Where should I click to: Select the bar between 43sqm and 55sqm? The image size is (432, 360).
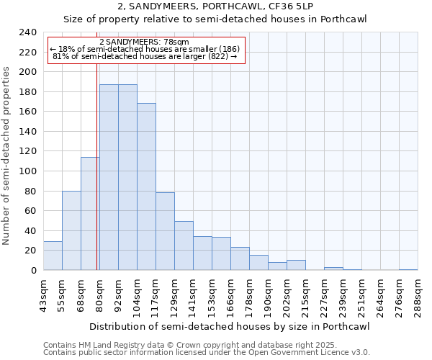53,256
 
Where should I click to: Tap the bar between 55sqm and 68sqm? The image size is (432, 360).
71,230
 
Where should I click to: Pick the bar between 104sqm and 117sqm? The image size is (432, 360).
146,186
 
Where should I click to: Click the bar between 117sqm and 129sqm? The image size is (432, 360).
165,231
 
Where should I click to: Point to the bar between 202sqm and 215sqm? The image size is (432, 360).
296,265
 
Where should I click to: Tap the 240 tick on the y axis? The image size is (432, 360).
28,32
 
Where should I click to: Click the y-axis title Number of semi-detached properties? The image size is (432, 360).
7,156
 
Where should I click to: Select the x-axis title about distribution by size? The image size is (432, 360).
230,327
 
